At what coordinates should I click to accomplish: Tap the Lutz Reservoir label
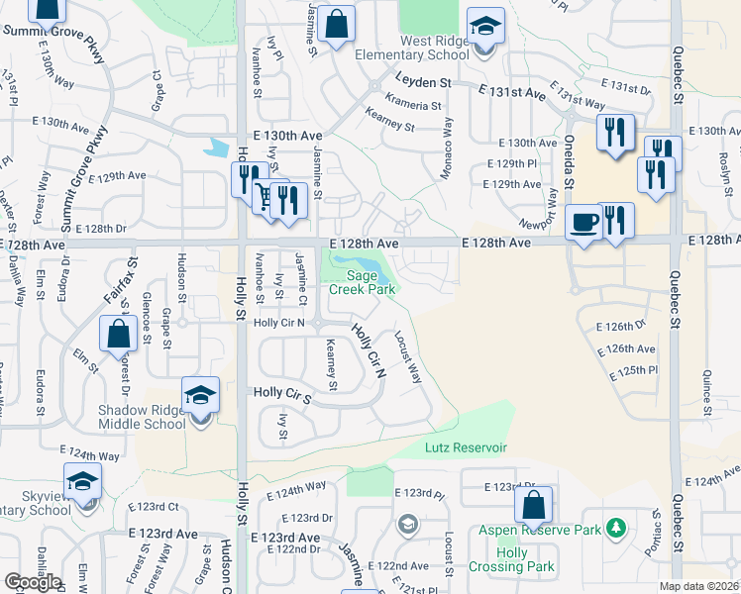[467, 447]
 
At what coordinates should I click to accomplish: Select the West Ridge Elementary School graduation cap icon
[485, 28]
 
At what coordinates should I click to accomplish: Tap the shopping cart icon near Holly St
[267, 194]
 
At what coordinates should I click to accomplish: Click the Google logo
[33, 582]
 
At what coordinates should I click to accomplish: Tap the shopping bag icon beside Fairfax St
[118, 334]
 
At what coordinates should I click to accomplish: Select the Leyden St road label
[424, 82]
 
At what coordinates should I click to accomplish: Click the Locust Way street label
[409, 356]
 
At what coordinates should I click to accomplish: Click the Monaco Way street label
[447, 148]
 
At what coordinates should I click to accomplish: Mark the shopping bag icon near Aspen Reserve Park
[533, 505]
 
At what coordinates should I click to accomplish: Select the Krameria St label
[416, 105]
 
